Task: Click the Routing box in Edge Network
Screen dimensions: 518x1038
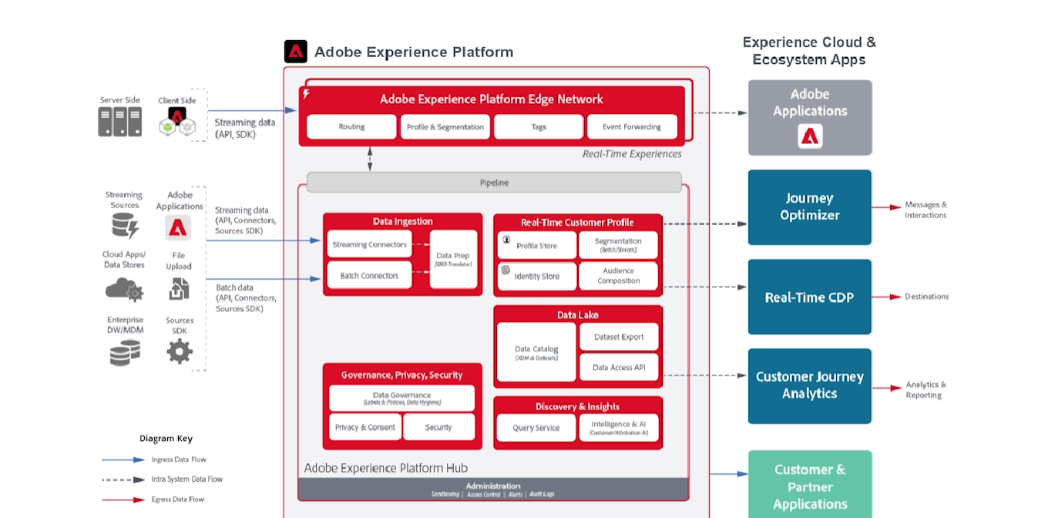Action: point(351,127)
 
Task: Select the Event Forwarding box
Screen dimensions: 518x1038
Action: point(632,127)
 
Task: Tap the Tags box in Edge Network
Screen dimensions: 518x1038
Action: point(539,127)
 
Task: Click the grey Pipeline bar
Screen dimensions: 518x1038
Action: point(494,183)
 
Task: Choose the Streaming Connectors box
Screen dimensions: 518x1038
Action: point(369,245)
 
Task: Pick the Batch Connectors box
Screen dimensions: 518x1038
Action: point(369,276)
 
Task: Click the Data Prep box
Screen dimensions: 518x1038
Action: point(453,259)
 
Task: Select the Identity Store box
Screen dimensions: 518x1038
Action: point(536,277)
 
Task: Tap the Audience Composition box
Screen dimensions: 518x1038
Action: point(618,276)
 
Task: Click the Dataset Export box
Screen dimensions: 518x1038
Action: point(619,337)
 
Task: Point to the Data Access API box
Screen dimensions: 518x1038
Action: point(619,368)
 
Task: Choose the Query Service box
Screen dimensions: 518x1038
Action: point(536,428)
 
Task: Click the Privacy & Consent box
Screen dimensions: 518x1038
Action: point(364,427)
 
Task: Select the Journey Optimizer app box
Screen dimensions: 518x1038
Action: point(809,207)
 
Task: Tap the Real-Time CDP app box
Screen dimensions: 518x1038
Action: point(809,298)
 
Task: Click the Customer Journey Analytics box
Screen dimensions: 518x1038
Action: point(809,385)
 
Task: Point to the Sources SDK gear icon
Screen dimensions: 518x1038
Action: point(180,351)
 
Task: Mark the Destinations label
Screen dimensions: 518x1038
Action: point(926,297)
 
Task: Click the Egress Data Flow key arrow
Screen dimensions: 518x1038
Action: point(123,499)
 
